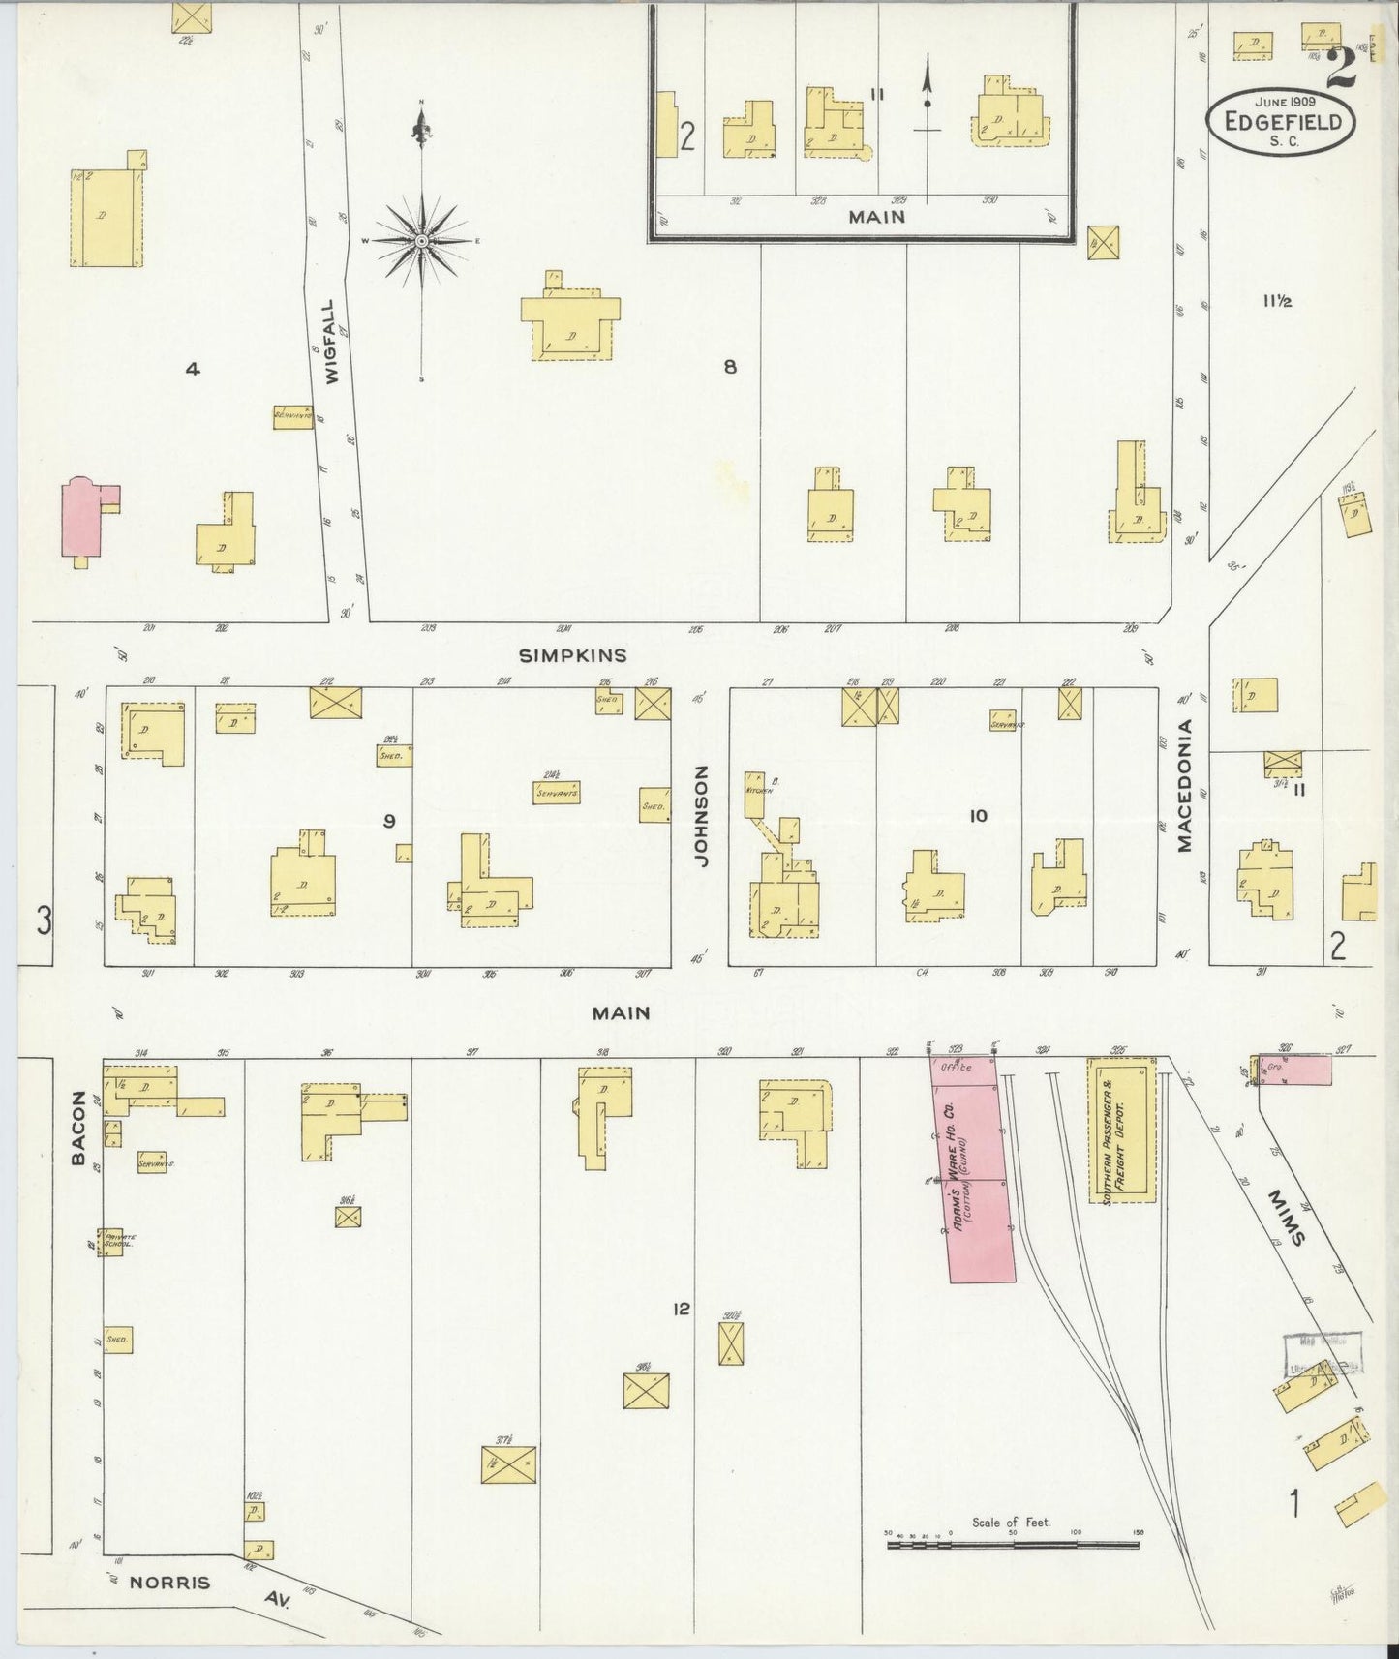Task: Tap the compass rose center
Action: click(422, 239)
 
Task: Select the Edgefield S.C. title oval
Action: click(1281, 121)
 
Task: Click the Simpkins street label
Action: click(573, 655)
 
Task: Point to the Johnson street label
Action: click(702, 815)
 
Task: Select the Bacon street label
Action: click(79, 1127)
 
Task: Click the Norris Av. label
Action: click(169, 1583)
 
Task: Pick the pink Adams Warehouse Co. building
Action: click(979, 1169)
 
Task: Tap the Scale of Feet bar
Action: click(1012, 1546)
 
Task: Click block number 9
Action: click(389, 821)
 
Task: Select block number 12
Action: click(682, 1309)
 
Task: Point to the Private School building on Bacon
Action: click(112, 1242)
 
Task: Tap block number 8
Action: click(730, 366)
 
